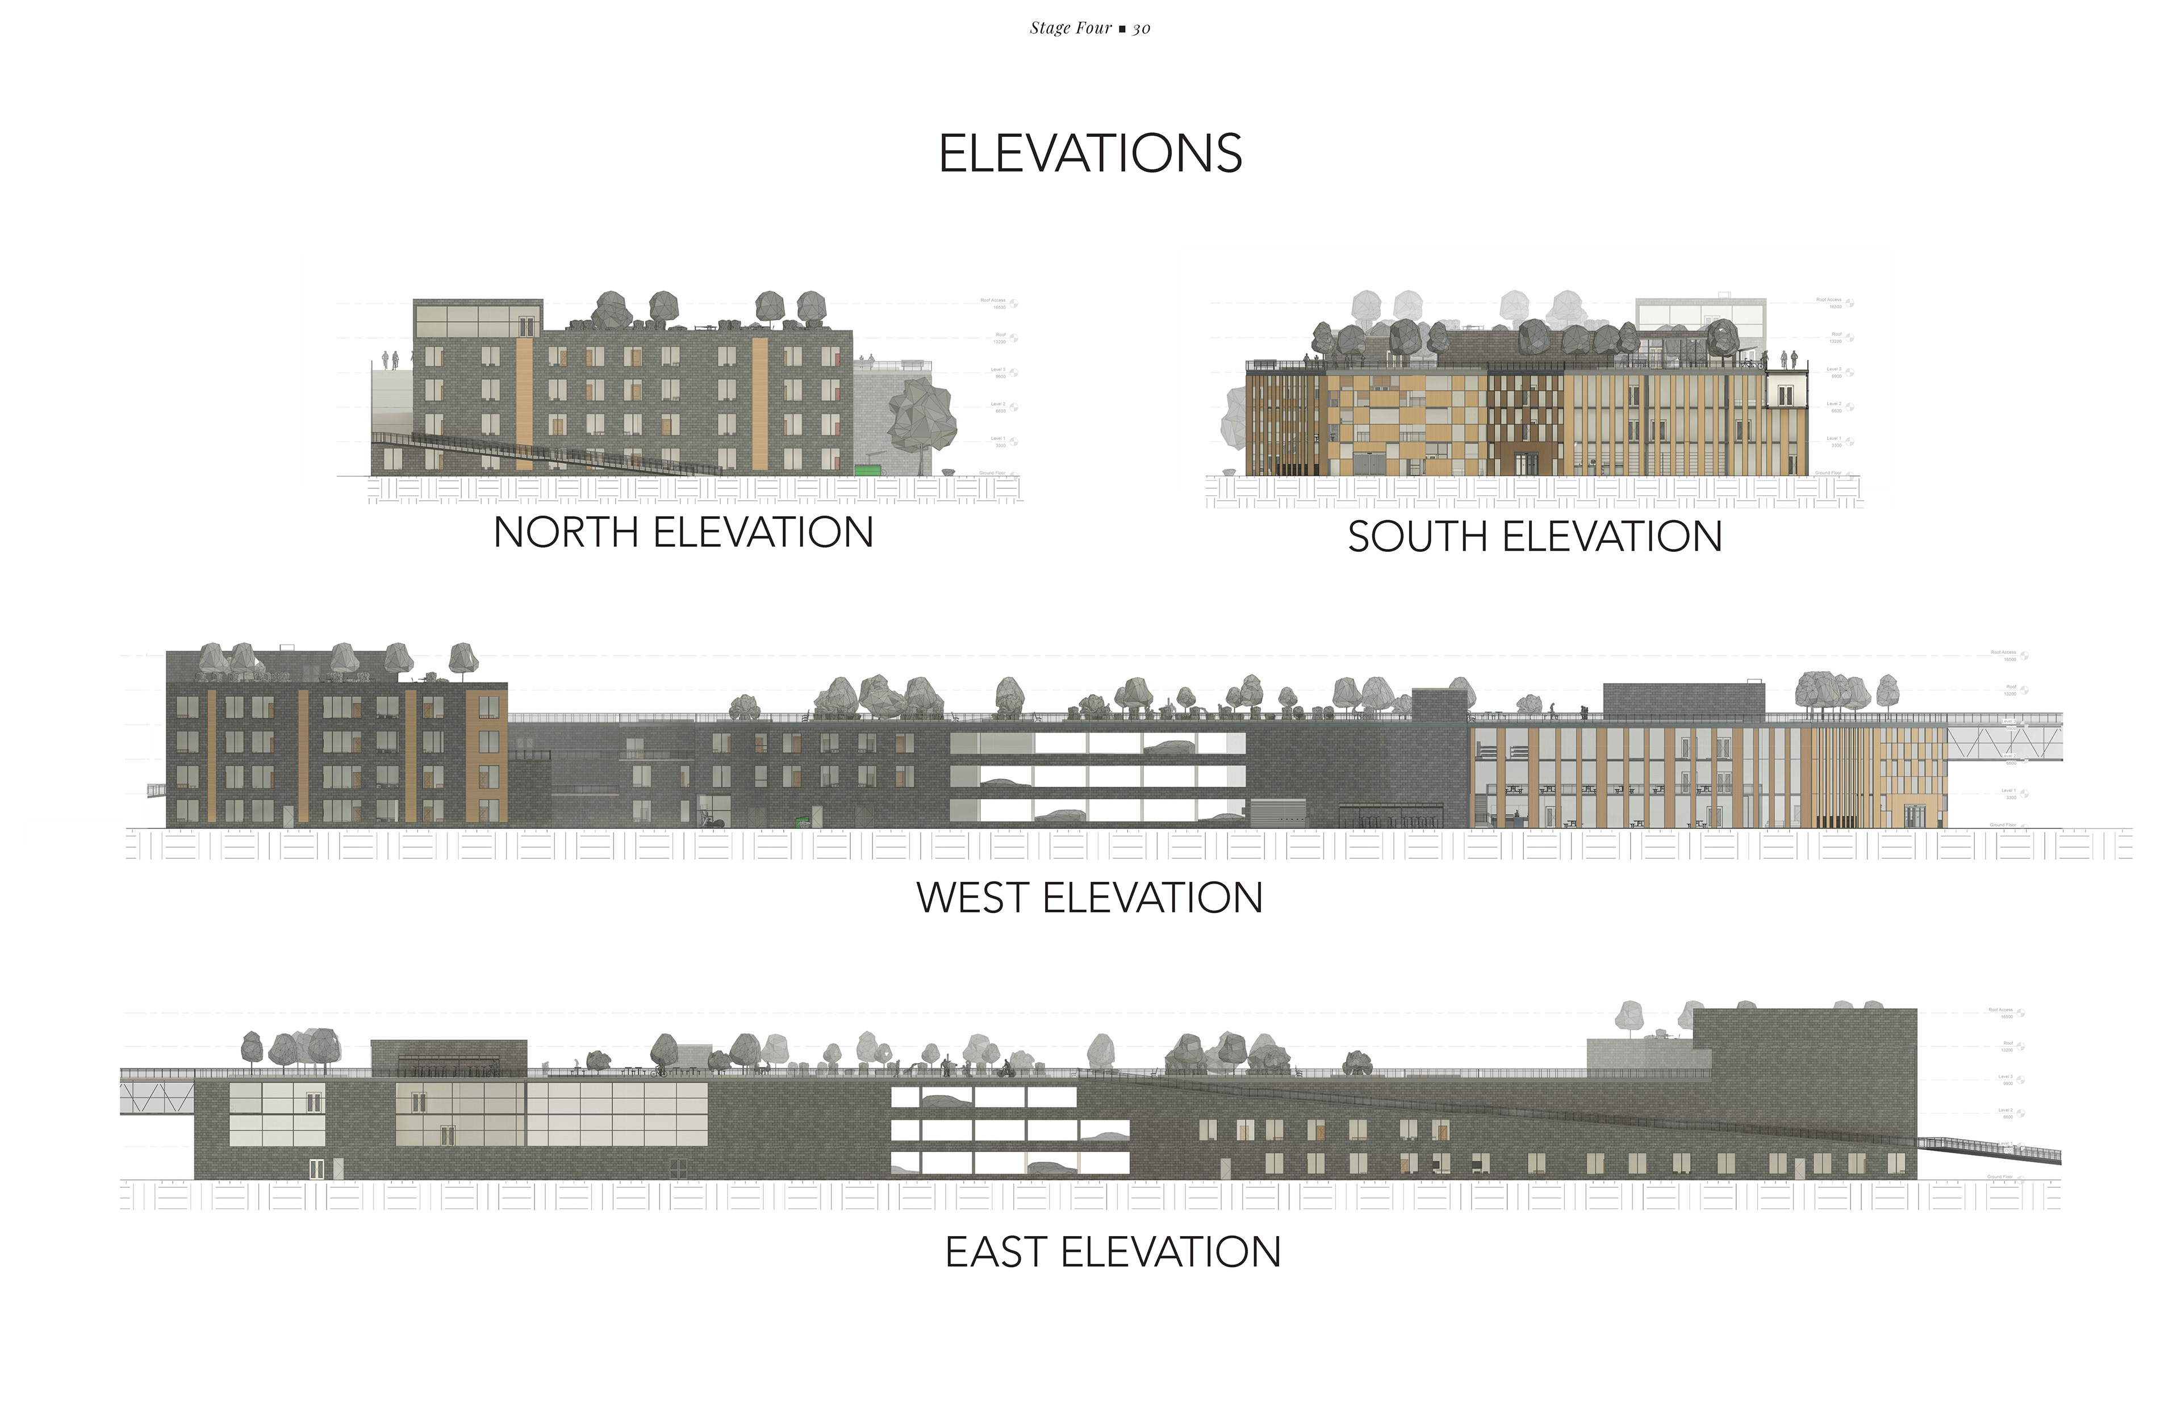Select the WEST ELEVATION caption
1089,897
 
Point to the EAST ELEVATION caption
1113,1251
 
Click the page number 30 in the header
1141,28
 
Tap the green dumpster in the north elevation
866,471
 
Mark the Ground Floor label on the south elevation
1828,474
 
